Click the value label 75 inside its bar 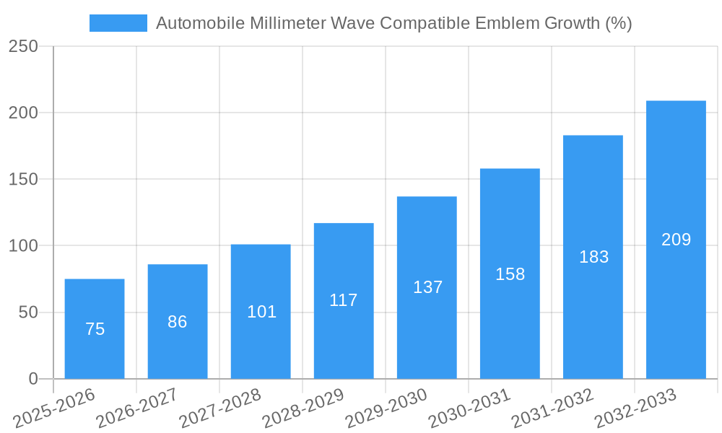[95, 329]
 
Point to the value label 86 [178, 322]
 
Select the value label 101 [261, 312]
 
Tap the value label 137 [427, 287]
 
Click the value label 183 [593, 257]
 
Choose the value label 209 [676, 240]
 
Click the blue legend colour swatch [118, 23]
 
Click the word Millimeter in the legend [285, 23]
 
